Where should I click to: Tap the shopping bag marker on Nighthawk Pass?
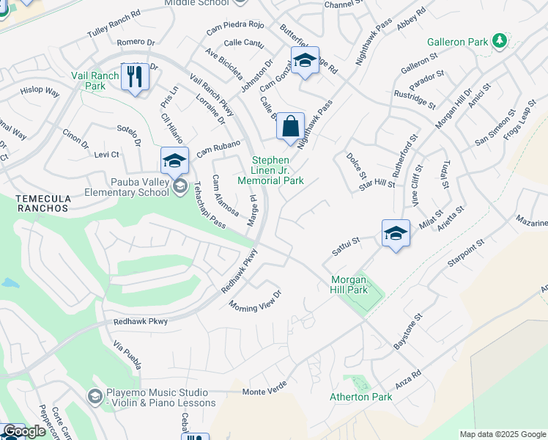pyautogui.click(x=290, y=126)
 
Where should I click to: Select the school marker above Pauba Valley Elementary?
pyautogui.click(x=174, y=160)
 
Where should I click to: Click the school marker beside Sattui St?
pyautogui.click(x=396, y=234)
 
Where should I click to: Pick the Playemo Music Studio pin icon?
pyautogui.click(x=94, y=397)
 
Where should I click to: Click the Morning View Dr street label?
pyautogui.click(x=255, y=300)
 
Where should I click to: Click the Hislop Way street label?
pyautogui.click(x=40, y=91)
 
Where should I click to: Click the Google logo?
pyautogui.click(x=24, y=432)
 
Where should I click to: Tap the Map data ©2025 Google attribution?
pyautogui.click(x=502, y=434)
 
